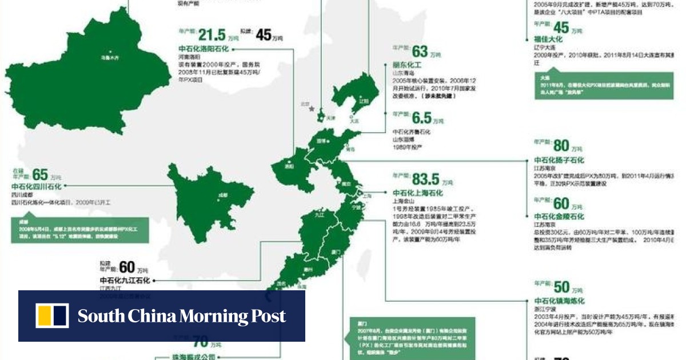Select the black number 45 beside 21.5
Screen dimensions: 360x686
[264, 35]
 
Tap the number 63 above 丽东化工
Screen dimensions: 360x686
[420, 52]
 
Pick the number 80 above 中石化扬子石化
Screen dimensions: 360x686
[561, 146]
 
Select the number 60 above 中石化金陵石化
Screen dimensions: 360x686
[561, 203]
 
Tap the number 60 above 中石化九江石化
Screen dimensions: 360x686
[127, 267]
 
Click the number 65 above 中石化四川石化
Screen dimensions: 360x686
[40, 174]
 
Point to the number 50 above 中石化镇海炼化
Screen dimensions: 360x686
[561, 287]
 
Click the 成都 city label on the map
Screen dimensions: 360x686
[222, 195]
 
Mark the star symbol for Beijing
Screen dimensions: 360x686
[312, 109]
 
